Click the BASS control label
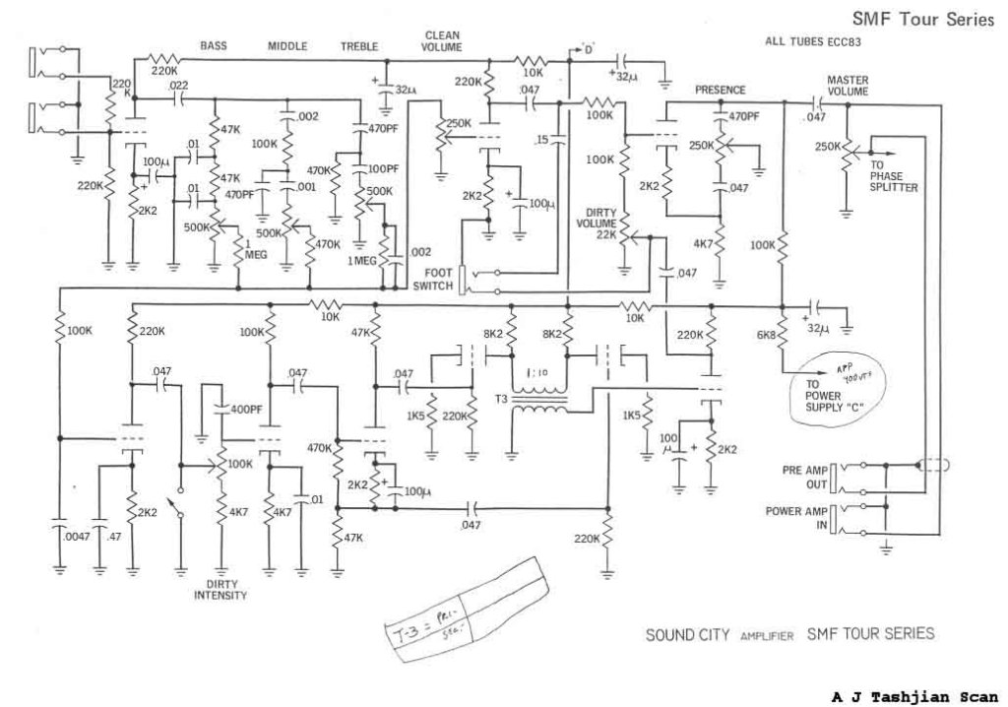[215, 45]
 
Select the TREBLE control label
[359, 46]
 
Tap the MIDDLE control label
[288, 45]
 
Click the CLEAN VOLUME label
[441, 40]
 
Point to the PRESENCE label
[721, 90]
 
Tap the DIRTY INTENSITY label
[220, 589]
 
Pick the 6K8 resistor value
[768, 338]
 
